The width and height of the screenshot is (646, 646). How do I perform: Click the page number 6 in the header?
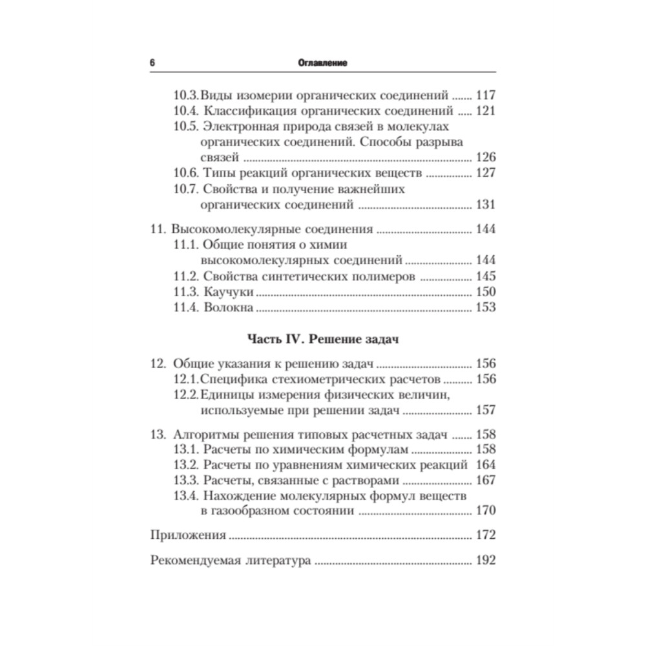pyautogui.click(x=152, y=63)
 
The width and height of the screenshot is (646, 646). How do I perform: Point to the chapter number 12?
pyautogui.click(x=158, y=363)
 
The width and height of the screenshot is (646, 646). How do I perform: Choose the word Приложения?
pyautogui.click(x=187, y=536)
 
